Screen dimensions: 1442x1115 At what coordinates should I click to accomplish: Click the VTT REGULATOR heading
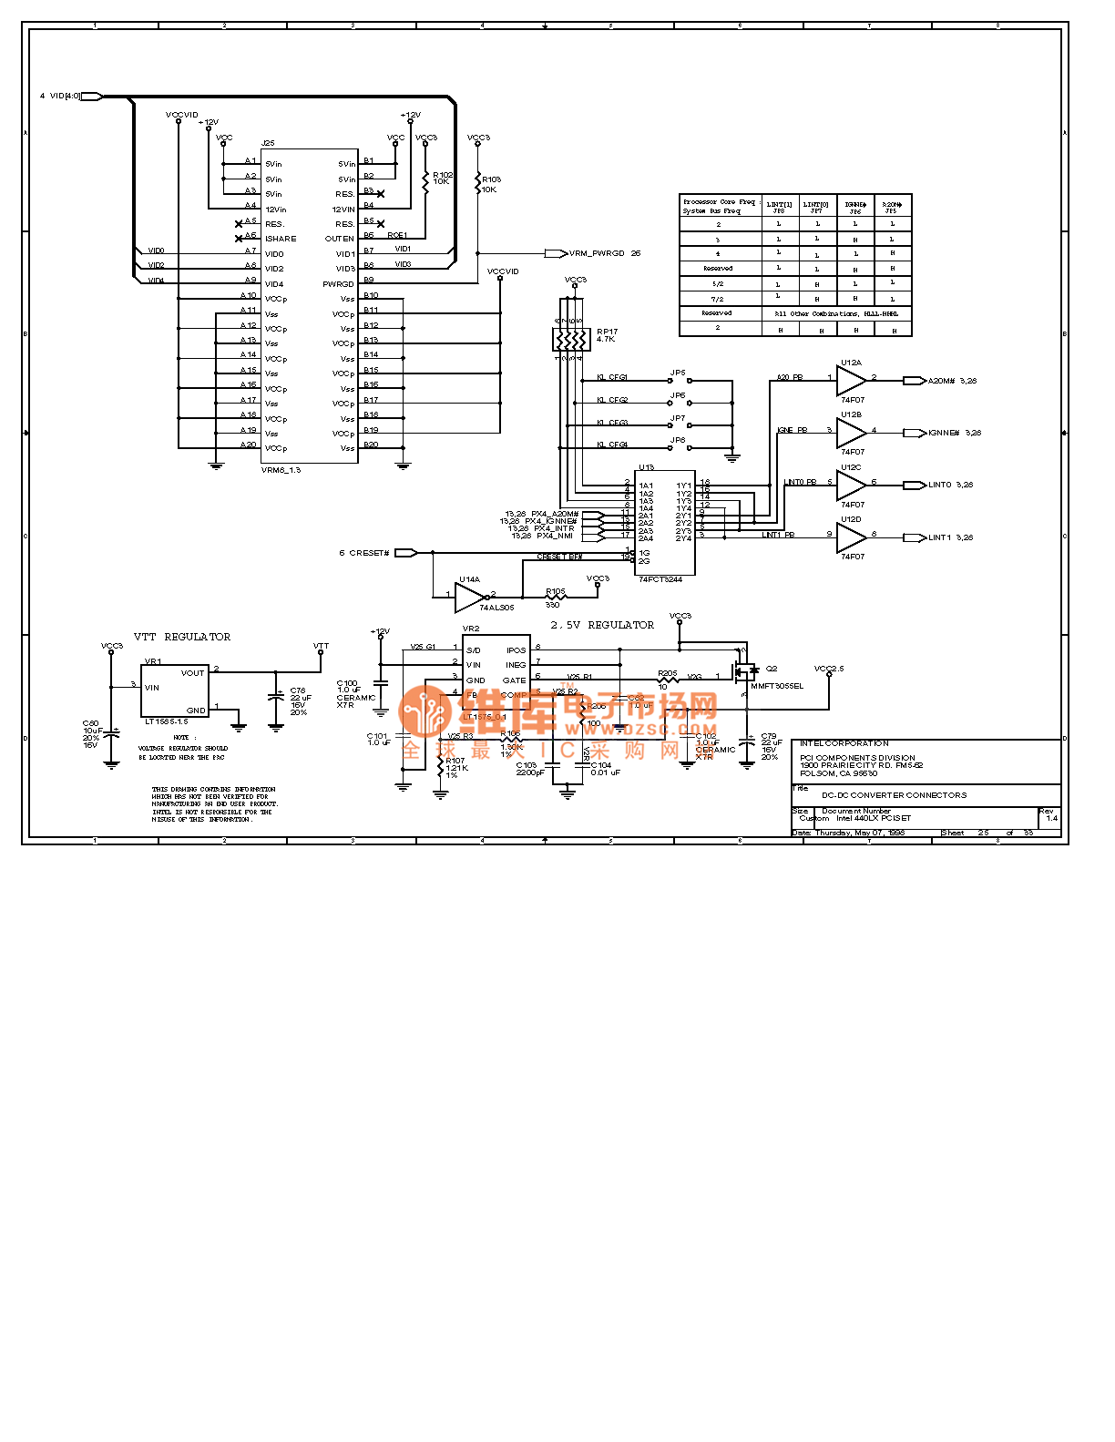click(x=182, y=637)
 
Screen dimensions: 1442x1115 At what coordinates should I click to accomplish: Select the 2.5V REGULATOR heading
click(x=602, y=625)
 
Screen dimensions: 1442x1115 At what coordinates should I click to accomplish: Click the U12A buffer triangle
click(x=850, y=381)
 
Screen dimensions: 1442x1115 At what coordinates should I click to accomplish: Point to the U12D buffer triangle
click(x=850, y=537)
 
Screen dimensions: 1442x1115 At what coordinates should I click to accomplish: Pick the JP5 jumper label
click(x=678, y=373)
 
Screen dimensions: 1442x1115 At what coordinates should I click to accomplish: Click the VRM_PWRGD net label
click(x=598, y=253)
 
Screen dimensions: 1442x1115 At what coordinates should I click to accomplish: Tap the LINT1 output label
click(x=939, y=537)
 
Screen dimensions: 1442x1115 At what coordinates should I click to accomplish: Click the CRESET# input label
click(x=369, y=553)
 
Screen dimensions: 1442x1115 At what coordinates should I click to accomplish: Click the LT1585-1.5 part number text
click(x=166, y=721)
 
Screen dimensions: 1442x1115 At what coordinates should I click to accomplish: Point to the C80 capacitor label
click(x=90, y=723)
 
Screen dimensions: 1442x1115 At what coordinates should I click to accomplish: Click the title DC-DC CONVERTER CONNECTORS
click(x=894, y=794)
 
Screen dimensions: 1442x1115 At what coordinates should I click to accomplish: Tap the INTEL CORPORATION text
click(x=844, y=743)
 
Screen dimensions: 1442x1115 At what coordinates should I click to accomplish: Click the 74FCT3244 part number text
click(x=660, y=579)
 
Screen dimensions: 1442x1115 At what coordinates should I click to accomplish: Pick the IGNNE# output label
click(x=944, y=433)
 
